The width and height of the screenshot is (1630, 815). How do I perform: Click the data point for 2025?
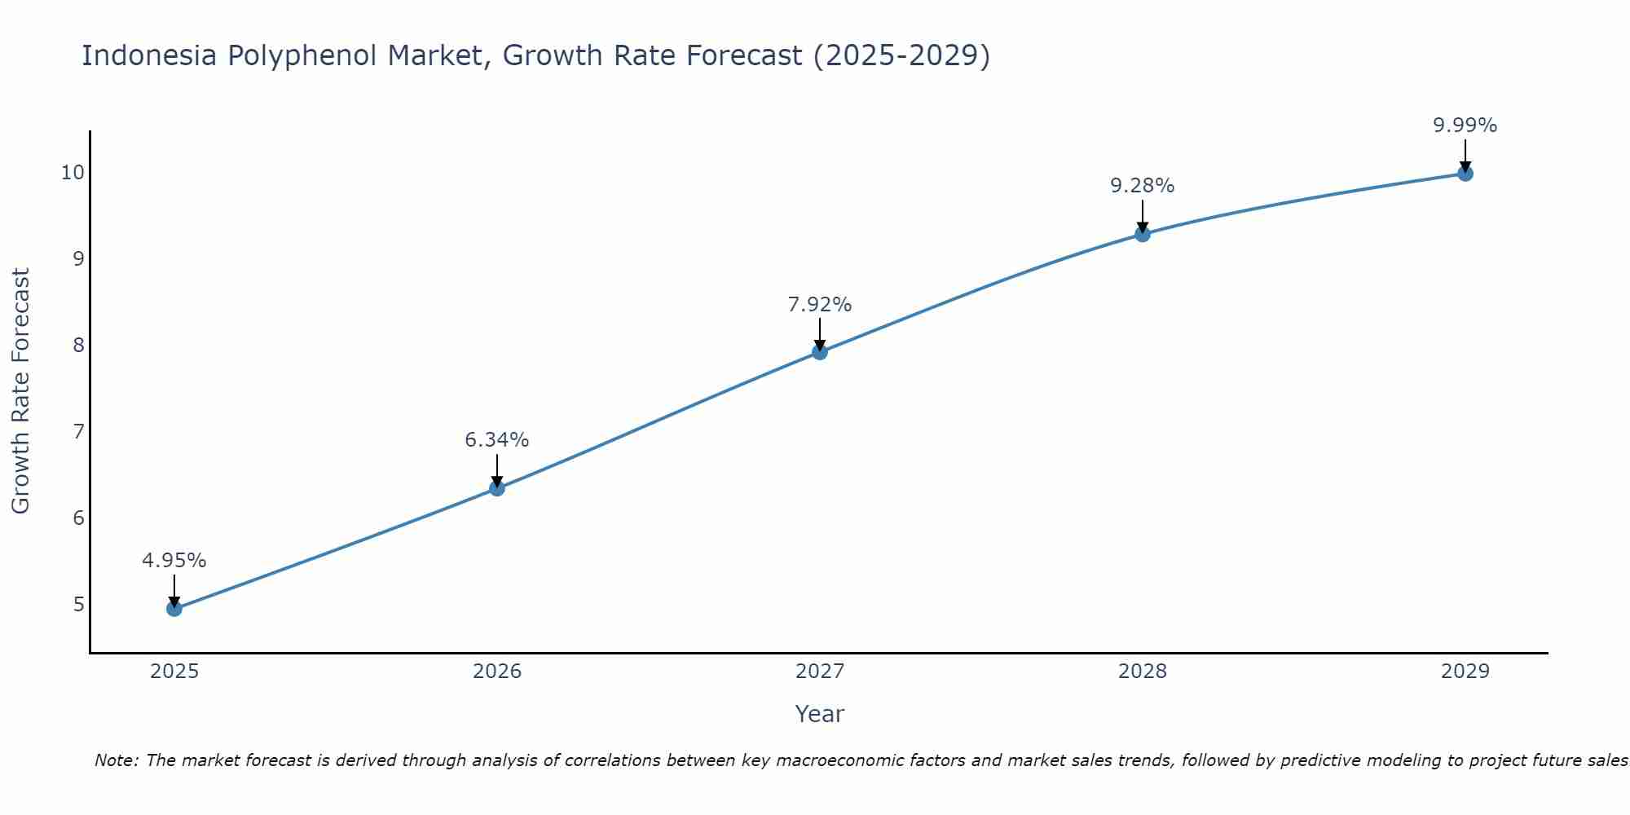(x=174, y=608)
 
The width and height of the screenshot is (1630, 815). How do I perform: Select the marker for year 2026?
(x=497, y=488)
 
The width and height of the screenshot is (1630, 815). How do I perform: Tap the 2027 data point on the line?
(x=820, y=352)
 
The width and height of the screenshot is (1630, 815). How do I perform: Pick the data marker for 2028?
(x=1143, y=234)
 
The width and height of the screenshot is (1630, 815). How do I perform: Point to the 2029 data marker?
(x=1465, y=173)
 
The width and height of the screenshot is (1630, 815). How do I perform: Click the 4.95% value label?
(x=174, y=561)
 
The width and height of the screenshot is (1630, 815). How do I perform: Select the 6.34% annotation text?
(x=497, y=440)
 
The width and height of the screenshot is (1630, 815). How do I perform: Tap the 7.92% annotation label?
(x=820, y=305)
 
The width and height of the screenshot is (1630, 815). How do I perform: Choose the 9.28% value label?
(x=1143, y=186)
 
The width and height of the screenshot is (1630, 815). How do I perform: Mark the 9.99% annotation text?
(x=1465, y=126)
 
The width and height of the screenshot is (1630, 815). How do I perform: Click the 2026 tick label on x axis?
(x=497, y=672)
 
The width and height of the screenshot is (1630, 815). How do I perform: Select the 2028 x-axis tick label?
(x=1143, y=672)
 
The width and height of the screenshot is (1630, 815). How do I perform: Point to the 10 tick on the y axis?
(x=73, y=172)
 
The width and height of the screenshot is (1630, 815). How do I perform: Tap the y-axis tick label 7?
(x=78, y=431)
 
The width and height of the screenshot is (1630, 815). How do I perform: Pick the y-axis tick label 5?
(x=78, y=604)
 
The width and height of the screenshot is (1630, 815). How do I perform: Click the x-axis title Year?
(x=820, y=714)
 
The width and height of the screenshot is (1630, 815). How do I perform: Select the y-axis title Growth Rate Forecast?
(x=21, y=391)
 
